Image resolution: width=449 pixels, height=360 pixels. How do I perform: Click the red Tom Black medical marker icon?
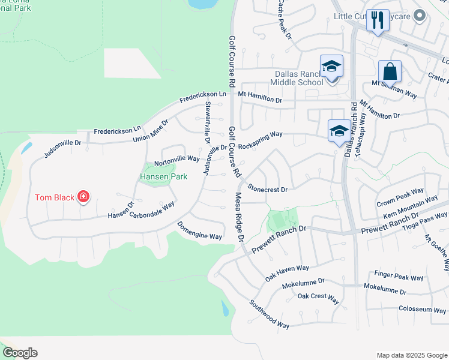pyautogui.click(x=83, y=197)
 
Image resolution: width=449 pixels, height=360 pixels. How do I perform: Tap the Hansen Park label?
pyautogui.click(x=163, y=176)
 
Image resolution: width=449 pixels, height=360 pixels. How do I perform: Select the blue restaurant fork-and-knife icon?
pyautogui.click(x=378, y=20)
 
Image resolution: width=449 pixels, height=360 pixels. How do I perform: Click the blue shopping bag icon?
pyautogui.click(x=390, y=71)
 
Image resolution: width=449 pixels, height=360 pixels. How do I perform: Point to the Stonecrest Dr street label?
pyautogui.click(x=268, y=188)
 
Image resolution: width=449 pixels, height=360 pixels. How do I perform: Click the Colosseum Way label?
pyautogui.click(x=423, y=310)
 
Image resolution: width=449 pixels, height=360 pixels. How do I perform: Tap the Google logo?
pyautogui.click(x=20, y=353)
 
